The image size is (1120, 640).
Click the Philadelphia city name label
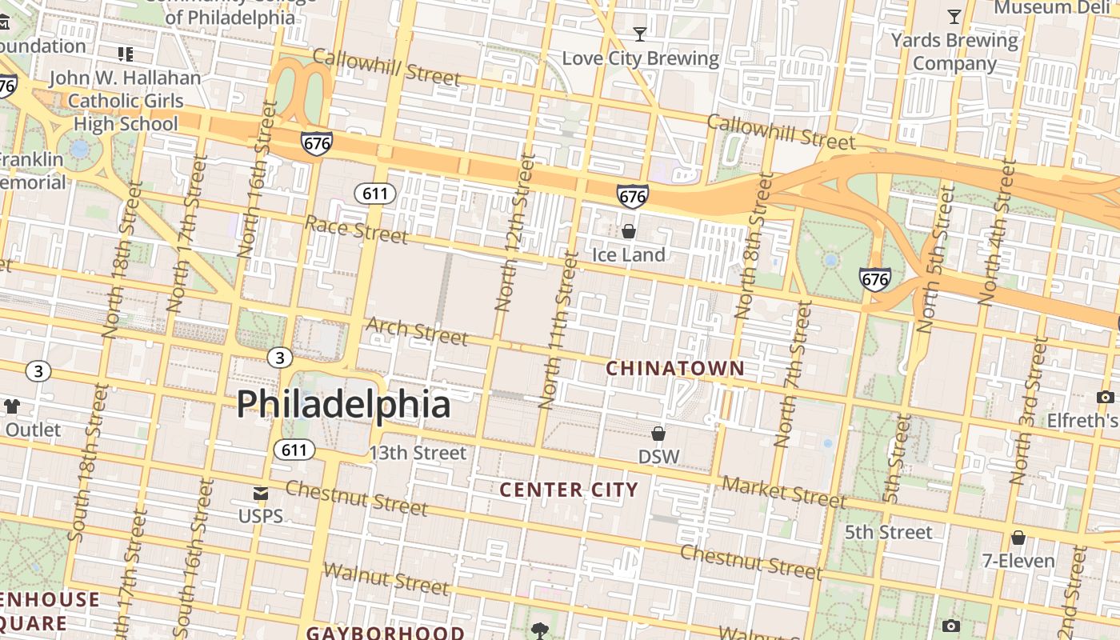[343, 404]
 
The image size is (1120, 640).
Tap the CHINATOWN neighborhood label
[675, 369]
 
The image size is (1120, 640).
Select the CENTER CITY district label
[569, 490]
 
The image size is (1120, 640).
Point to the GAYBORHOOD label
[385, 633]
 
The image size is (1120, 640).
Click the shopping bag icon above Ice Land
[629, 231]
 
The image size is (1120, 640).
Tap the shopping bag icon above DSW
[658, 434]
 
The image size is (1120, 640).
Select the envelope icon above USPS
[261, 494]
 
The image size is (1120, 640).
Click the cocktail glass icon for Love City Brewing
[640, 34]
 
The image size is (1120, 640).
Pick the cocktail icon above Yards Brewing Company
[954, 16]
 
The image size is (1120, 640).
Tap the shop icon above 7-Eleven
[1018, 538]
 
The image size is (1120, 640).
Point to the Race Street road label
[357, 230]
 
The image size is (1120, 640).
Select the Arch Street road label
[417, 331]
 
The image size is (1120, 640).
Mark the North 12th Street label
[514, 234]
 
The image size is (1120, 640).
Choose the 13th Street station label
[417, 453]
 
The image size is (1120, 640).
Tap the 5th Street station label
[889, 532]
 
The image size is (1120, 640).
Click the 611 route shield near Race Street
[375, 194]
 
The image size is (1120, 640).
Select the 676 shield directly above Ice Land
[632, 195]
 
